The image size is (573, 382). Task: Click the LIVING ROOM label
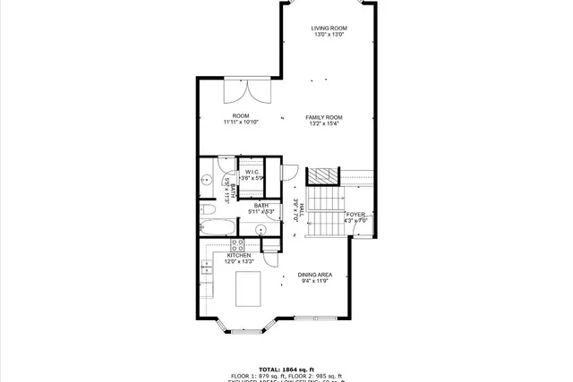pos(329,29)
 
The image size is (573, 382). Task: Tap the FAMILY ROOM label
pos(324,117)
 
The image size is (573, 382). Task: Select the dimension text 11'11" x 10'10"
pos(241,123)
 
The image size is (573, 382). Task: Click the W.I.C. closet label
pos(252,172)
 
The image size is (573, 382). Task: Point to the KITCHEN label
pos(238,255)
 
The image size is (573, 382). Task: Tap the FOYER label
pos(355,215)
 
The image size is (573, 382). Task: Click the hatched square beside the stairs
pos(322,175)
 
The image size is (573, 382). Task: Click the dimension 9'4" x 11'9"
pos(315,282)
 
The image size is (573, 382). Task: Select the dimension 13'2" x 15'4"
pos(324,124)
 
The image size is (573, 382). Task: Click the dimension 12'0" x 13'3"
pos(238,262)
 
